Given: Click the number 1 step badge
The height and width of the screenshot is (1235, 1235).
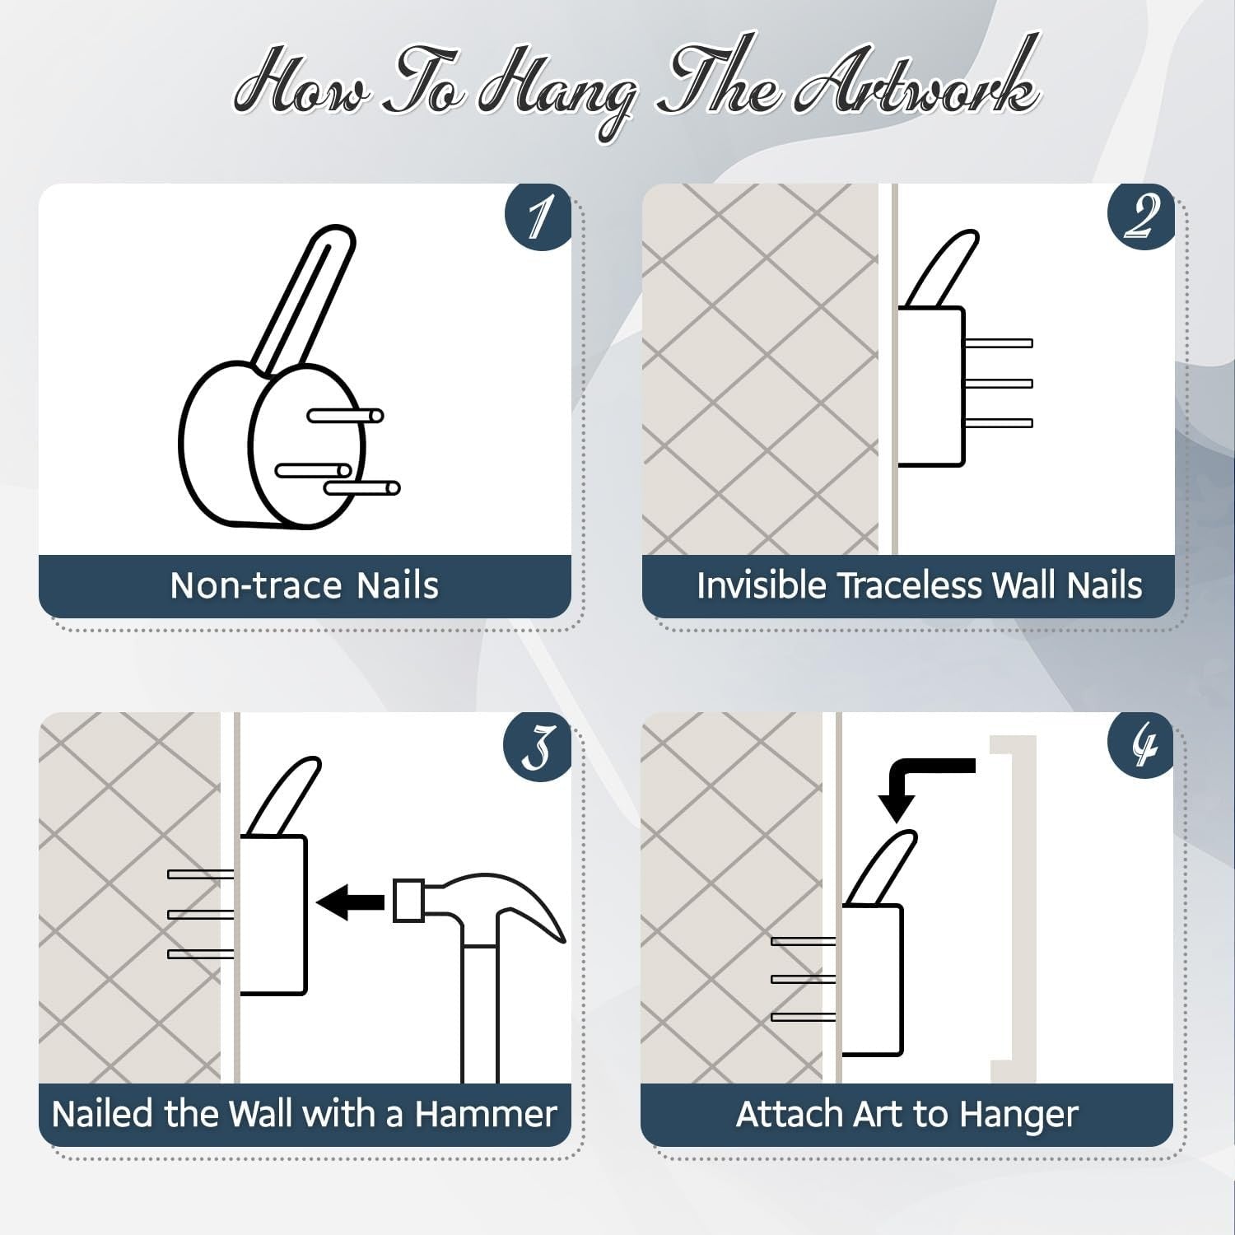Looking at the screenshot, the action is click(x=538, y=216).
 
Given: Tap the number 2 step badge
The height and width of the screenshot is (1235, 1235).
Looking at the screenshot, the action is click(x=1141, y=216).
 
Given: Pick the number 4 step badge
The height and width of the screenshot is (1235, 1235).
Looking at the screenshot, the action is click(x=1141, y=745).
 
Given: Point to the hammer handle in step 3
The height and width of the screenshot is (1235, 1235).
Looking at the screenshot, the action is click(x=480, y=1013).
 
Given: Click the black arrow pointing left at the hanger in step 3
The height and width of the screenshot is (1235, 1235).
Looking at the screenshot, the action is click(x=350, y=902).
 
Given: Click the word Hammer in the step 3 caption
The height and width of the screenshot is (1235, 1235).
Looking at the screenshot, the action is click(x=486, y=1114).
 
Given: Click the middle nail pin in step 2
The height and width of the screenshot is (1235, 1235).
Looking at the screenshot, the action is click(x=998, y=383).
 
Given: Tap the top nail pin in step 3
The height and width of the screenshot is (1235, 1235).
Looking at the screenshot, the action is click(x=201, y=874).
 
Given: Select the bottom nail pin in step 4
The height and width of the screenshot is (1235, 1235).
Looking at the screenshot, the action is click(x=804, y=1018).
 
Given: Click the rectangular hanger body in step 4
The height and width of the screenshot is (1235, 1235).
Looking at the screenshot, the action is click(x=872, y=980).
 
